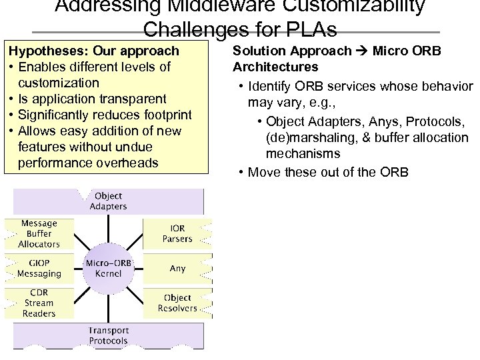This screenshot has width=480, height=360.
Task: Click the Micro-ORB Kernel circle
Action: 103,269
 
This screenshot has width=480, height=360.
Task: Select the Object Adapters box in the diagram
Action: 108,201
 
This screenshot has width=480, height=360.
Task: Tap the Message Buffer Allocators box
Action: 39,233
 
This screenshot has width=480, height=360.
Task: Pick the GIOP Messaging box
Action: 39,269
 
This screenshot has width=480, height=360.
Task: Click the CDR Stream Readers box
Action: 39,303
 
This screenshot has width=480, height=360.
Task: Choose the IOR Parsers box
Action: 177,233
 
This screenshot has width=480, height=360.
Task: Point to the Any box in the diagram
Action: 177,268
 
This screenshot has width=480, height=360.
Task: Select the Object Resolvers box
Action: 177,303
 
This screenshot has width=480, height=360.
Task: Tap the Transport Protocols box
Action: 108,336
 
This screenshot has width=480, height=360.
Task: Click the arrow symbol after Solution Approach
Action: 362,51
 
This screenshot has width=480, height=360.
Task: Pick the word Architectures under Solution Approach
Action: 275,67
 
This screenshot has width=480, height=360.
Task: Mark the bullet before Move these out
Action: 240,172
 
